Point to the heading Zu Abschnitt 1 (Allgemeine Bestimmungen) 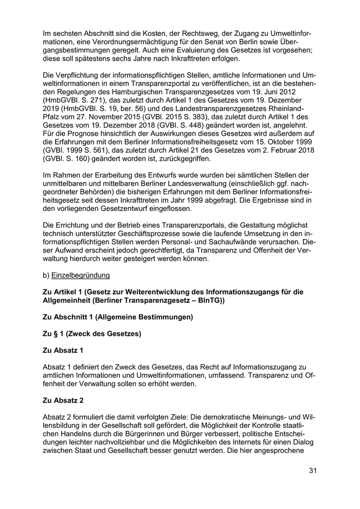(118, 317)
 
